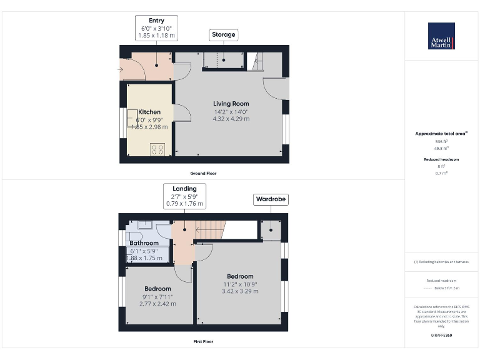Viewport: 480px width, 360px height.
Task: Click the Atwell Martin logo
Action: (x=441, y=36)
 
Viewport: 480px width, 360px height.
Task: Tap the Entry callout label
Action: (x=156, y=28)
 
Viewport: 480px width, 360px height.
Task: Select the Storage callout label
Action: (x=223, y=34)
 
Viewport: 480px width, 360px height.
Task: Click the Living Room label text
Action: (x=231, y=104)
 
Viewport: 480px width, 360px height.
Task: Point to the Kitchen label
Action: (x=149, y=112)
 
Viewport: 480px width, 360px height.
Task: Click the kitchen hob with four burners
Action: (x=157, y=149)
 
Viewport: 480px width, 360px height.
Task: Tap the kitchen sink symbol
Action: (x=133, y=118)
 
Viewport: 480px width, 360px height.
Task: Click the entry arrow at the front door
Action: (x=120, y=69)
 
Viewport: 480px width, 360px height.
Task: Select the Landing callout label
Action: (x=184, y=196)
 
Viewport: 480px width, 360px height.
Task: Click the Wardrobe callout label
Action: (x=271, y=200)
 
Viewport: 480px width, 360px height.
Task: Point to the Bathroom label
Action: (x=144, y=243)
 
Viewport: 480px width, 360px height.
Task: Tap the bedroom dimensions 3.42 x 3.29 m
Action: (x=240, y=291)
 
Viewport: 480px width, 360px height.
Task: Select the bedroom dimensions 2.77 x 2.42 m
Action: (x=157, y=304)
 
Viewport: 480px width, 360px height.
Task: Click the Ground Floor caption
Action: (x=204, y=173)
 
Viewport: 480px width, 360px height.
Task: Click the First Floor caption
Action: (x=204, y=342)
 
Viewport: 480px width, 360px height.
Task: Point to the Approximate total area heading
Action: (x=441, y=134)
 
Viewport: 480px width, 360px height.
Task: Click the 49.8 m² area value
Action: (x=441, y=148)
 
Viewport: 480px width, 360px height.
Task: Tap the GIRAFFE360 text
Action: (x=441, y=336)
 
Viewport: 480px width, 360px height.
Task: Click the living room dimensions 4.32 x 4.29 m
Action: (x=231, y=119)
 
